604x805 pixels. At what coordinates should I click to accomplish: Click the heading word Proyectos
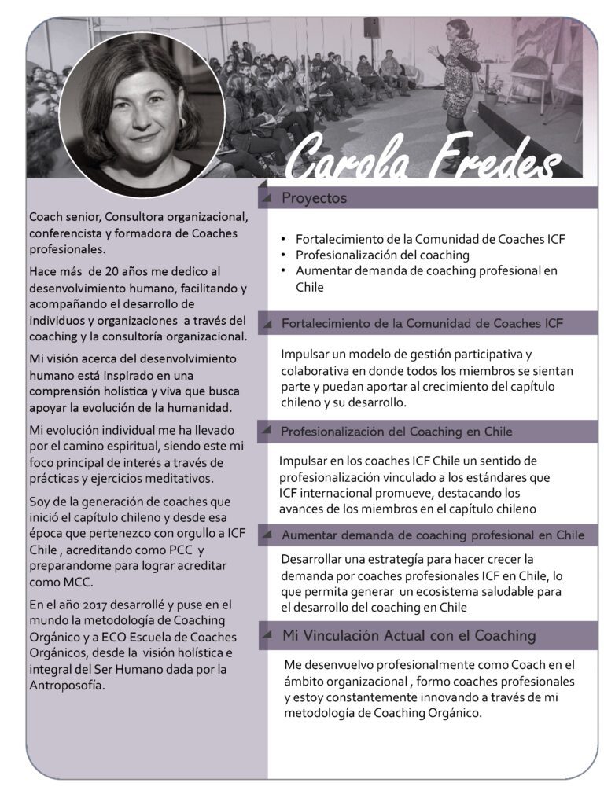coord(314,198)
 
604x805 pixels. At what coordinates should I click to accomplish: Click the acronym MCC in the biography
coord(73,582)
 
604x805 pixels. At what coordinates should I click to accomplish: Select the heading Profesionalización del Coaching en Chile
coord(396,432)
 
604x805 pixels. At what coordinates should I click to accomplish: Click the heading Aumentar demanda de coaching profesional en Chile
coord(433,535)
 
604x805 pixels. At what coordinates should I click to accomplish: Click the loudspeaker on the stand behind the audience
coord(371,28)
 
